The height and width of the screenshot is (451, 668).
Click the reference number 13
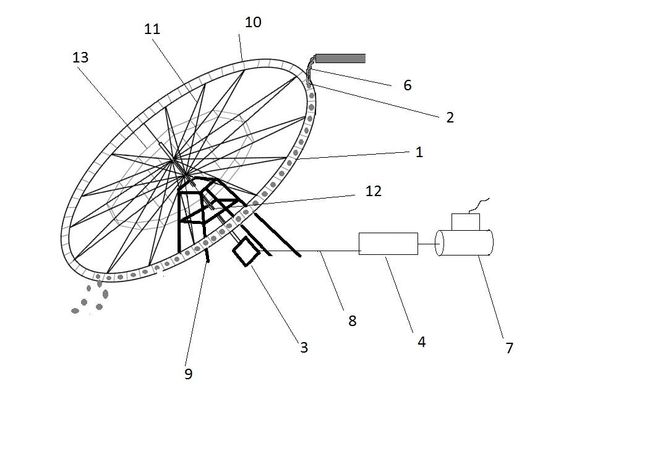click(80, 58)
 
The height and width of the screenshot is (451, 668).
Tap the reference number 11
click(152, 29)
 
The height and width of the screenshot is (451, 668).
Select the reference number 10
click(253, 22)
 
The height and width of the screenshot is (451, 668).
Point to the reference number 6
click(407, 85)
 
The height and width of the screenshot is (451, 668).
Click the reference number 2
click(450, 118)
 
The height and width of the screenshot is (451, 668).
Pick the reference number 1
click(419, 152)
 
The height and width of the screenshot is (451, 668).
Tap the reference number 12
click(374, 191)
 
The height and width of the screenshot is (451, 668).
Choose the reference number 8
click(352, 320)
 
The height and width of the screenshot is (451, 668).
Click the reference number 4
click(421, 341)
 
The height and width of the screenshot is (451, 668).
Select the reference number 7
click(509, 348)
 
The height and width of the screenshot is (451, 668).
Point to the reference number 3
click(304, 348)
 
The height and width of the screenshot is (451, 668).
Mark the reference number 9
click(189, 374)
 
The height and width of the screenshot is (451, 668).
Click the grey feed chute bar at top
click(340, 59)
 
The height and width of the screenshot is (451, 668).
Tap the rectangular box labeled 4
click(388, 244)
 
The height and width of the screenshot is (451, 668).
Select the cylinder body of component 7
click(467, 243)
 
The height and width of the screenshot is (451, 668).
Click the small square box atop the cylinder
click(465, 222)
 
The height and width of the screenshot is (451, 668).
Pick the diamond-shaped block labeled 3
click(246, 251)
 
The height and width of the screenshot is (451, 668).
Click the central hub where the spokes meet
click(174, 162)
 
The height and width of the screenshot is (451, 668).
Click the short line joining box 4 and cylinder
click(427, 244)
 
